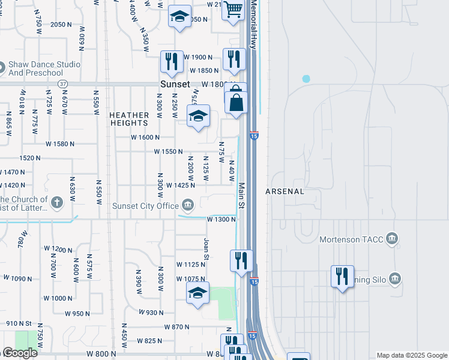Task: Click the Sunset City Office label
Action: click(x=146, y=206)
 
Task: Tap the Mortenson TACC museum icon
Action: click(x=393, y=239)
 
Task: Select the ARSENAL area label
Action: click(x=285, y=192)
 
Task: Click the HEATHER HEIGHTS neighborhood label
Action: click(x=129, y=119)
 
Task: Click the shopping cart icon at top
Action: click(x=233, y=10)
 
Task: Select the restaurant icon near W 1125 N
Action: click(x=241, y=260)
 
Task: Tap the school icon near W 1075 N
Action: click(x=197, y=293)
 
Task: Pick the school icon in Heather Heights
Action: click(x=197, y=116)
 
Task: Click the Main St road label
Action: click(x=242, y=196)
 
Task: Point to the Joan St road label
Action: click(x=206, y=248)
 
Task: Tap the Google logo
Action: click(x=20, y=353)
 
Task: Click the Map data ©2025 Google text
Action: click(x=411, y=355)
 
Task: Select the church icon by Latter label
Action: click(x=57, y=202)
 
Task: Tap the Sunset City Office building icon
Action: click(x=188, y=206)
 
